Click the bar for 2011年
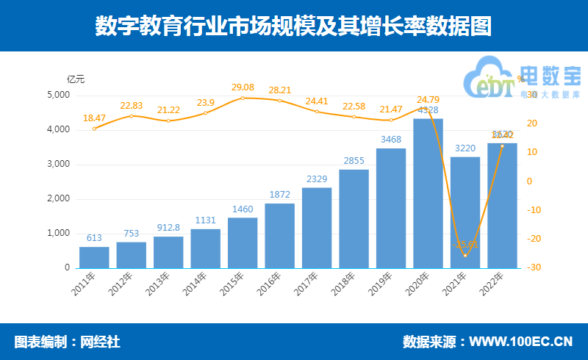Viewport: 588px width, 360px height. point(94,257)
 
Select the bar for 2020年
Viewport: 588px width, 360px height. point(428,193)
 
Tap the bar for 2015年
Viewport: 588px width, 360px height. point(243,242)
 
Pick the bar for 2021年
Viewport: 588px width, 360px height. point(465,212)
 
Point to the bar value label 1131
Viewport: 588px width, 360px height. point(205,220)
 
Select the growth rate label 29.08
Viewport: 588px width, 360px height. point(243,87)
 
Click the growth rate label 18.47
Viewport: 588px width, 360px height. point(94,118)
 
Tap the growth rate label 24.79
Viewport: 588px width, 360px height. point(428,99)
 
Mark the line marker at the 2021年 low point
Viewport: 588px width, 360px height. point(465,255)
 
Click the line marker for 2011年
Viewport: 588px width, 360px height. point(94,129)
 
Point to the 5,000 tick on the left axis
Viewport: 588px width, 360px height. point(58,96)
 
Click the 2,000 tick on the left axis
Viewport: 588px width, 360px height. point(58,199)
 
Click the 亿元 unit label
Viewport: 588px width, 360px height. point(76,79)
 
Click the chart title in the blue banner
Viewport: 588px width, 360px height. point(293,26)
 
